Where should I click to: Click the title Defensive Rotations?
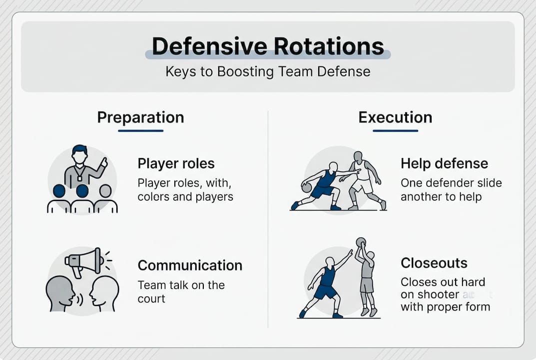coord(268,46)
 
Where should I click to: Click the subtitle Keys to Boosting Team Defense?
coord(268,71)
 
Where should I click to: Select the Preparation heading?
coord(140,117)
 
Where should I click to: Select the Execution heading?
coord(395,117)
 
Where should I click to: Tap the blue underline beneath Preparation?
coord(140,130)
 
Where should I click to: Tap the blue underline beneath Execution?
coord(395,130)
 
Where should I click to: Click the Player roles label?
coord(176,163)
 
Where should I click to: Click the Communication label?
coord(190,265)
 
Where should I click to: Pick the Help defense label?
coord(444,163)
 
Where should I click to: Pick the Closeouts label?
coord(434,263)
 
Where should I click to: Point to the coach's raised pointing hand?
coord(104,162)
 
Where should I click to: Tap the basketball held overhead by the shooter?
coord(361,242)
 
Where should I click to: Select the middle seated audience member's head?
coord(82,191)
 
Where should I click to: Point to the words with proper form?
coord(445,306)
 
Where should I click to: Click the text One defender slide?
coord(451,183)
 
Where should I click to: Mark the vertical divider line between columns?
coord(268,220)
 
